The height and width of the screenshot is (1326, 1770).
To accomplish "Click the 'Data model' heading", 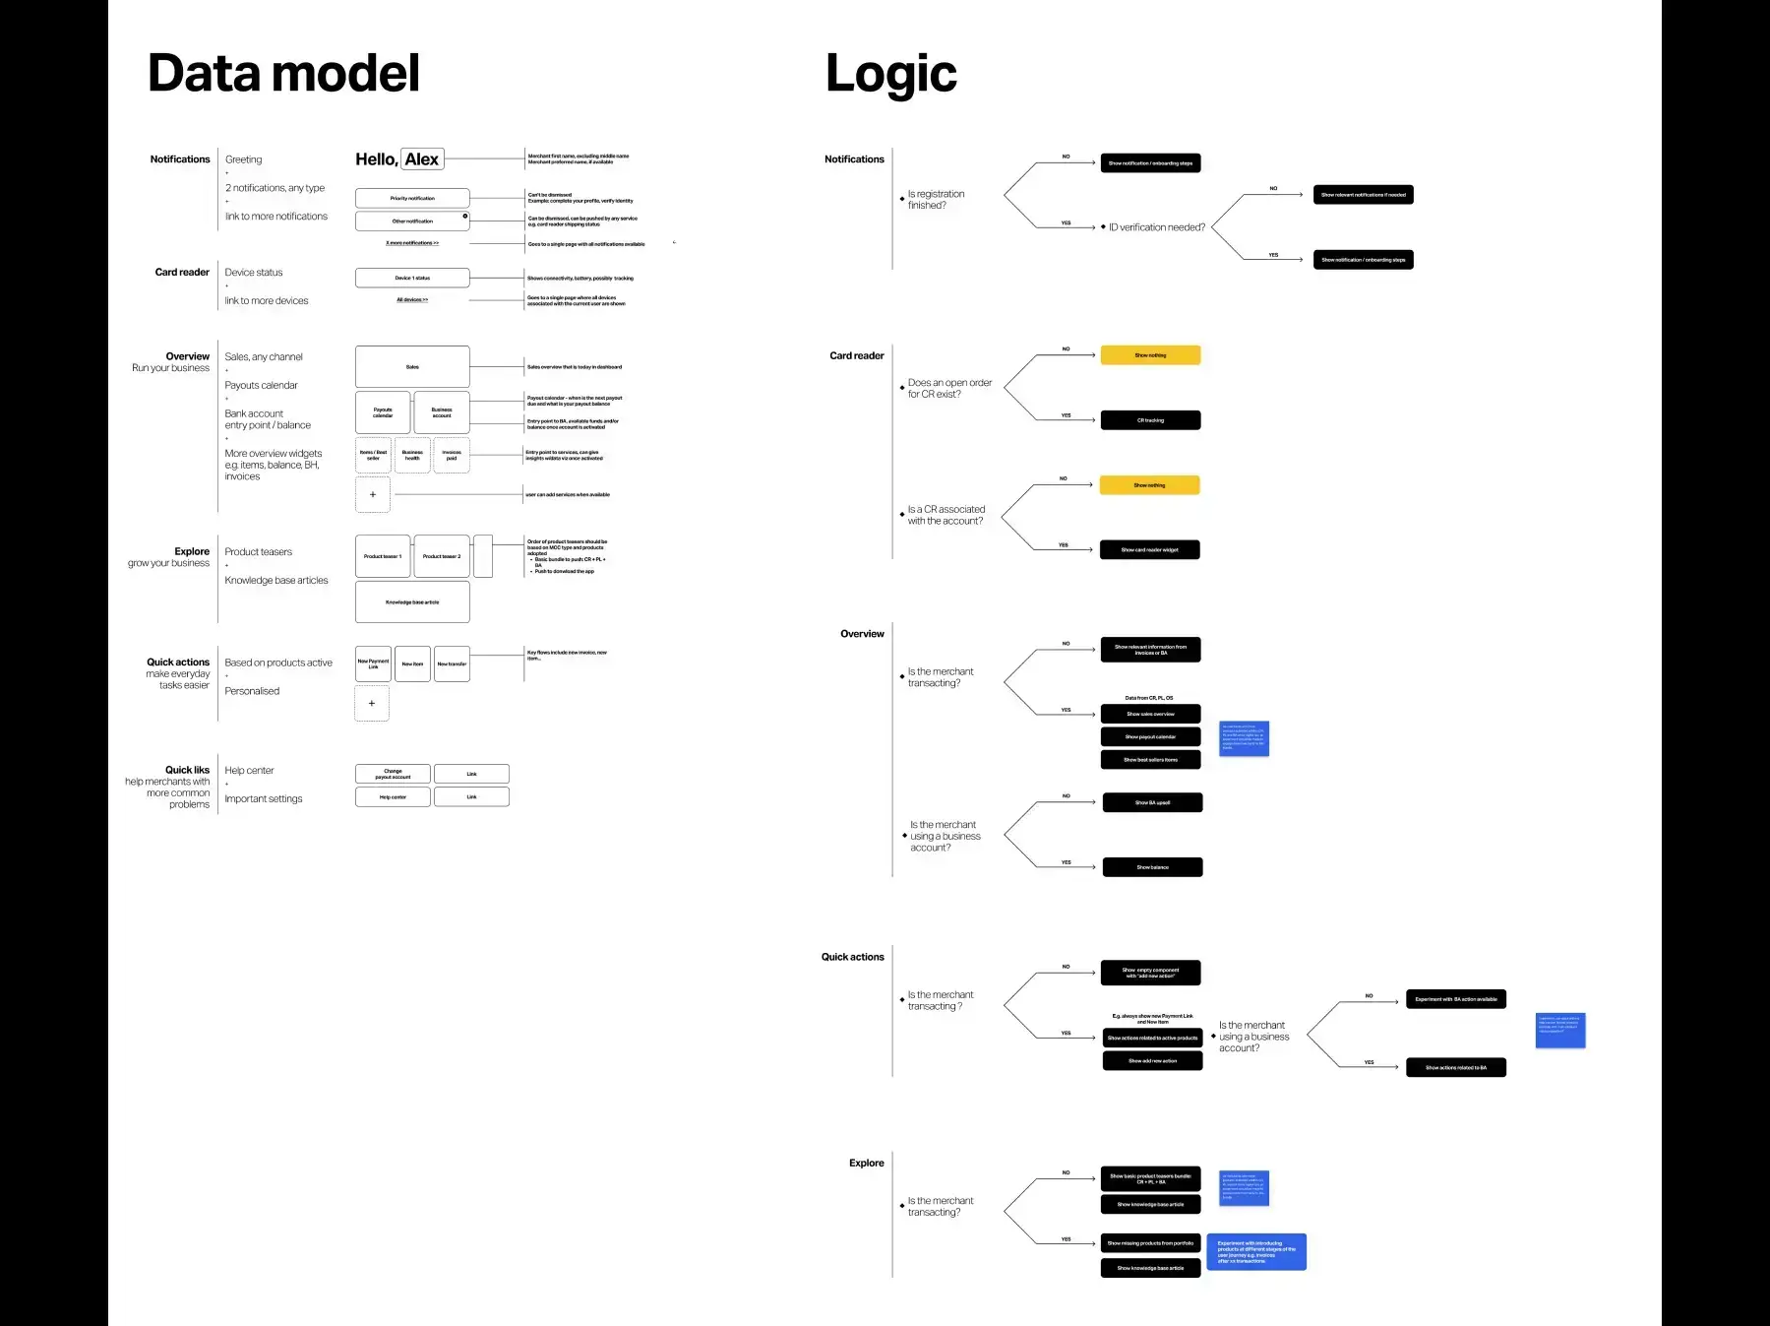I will click(x=283, y=74).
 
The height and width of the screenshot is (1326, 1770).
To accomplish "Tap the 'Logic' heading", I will click(x=890, y=74).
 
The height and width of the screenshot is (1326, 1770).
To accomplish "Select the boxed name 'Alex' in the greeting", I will click(x=422, y=159).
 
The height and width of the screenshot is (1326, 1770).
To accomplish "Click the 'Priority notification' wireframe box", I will click(x=412, y=198).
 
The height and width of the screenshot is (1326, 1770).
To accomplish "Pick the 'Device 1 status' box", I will click(x=412, y=278).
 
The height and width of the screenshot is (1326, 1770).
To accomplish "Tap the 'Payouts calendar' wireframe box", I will click(x=383, y=412).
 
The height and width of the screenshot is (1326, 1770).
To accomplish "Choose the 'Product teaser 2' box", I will click(x=442, y=556).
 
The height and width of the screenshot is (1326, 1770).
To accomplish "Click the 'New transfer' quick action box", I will click(x=452, y=663).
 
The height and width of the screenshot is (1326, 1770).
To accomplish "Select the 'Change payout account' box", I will click(x=393, y=774).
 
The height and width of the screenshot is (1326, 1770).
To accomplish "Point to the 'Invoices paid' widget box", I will click(x=452, y=455).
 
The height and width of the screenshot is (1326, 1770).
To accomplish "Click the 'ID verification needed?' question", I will click(x=1156, y=227).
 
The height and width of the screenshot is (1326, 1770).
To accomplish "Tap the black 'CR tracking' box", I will click(x=1150, y=420).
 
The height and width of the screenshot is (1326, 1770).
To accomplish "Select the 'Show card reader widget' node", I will click(x=1149, y=550).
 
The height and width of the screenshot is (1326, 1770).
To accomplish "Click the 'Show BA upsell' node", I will click(x=1152, y=802).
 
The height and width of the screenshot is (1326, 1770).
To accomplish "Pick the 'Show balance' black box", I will click(x=1152, y=867).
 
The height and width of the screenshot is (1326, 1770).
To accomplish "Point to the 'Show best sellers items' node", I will click(x=1150, y=760).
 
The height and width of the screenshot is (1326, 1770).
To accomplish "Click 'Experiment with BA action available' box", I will click(x=1456, y=999).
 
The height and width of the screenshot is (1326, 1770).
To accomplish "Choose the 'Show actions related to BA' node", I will click(x=1456, y=1067).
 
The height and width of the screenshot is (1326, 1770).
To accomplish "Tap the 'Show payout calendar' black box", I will click(x=1150, y=736).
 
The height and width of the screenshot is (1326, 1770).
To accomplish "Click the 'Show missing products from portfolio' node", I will click(x=1150, y=1243).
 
